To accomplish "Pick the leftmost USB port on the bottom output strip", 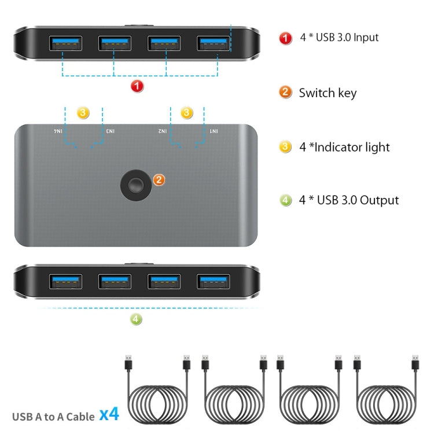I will [x=65, y=282].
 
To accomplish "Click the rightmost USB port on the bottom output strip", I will [x=214, y=282].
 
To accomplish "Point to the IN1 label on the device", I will [x=214, y=132].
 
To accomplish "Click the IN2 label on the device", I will [x=164, y=132].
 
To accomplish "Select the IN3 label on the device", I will [x=109, y=132].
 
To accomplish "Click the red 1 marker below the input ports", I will [x=137, y=86].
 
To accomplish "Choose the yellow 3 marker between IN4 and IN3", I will [x=83, y=113].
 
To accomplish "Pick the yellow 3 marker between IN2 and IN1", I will [x=187, y=113].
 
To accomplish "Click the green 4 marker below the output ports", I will [x=137, y=318].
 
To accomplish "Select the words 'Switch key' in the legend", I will [x=328, y=93].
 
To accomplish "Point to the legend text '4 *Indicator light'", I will [x=344, y=147].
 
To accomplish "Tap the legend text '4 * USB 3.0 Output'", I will [x=349, y=200].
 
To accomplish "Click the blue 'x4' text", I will [x=109, y=414].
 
